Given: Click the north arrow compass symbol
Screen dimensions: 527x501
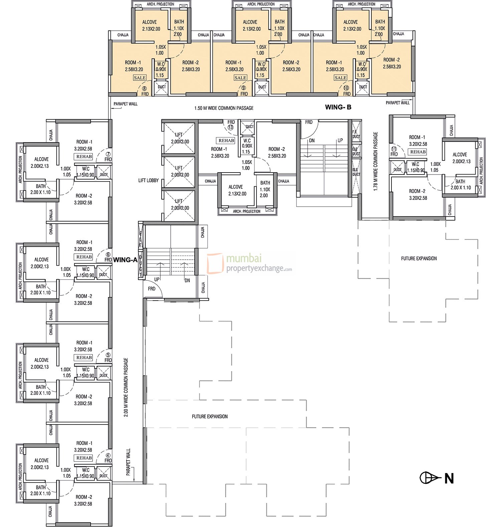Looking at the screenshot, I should [x=430, y=478].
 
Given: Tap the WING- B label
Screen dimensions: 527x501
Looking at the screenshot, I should [x=338, y=107].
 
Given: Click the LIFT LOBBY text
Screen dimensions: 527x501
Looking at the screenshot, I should [x=149, y=181].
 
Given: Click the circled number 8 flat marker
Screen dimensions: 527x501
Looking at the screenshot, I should [x=144, y=89].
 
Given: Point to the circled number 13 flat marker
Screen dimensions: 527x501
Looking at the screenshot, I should [x=230, y=127].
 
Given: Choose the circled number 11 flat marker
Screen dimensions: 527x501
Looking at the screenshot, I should [x=394, y=149].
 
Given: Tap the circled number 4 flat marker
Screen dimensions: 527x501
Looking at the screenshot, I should [x=108, y=455].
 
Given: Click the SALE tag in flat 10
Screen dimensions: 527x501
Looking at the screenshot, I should [x=340, y=78].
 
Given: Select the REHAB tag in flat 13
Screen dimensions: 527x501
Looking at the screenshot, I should [x=226, y=141].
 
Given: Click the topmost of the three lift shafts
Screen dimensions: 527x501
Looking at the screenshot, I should [x=179, y=138].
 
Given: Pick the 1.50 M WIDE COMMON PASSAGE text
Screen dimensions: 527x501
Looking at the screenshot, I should [x=224, y=108].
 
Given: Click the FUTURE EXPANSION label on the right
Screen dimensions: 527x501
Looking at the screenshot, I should [x=419, y=258].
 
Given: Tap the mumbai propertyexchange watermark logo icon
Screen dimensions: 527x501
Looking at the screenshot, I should [x=215, y=263].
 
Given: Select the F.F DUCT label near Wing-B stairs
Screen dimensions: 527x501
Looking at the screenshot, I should [x=356, y=134].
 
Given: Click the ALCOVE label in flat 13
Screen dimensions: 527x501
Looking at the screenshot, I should [x=235, y=187].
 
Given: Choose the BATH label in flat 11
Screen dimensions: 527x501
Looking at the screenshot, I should [x=460, y=182].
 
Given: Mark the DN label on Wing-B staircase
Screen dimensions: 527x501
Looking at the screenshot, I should [x=312, y=141].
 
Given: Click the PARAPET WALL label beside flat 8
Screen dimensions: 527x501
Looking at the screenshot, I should [x=125, y=104].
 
